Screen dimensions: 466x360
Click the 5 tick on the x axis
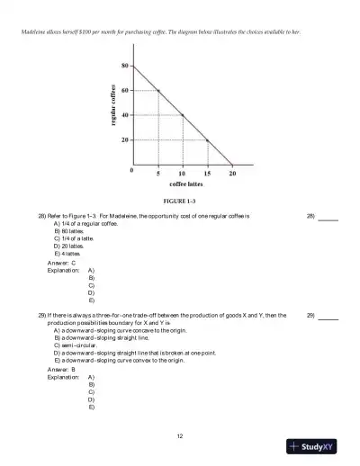tap(157, 173)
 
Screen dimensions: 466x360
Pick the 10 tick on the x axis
tap(182, 173)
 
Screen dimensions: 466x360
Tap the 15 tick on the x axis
tap(207, 173)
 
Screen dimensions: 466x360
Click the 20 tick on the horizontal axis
tap(232, 173)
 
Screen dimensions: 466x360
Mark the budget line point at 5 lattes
tap(157, 90)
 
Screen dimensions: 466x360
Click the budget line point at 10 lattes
tap(183, 115)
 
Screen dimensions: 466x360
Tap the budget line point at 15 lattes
tap(208, 140)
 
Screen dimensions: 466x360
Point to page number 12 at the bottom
tap(180, 436)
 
